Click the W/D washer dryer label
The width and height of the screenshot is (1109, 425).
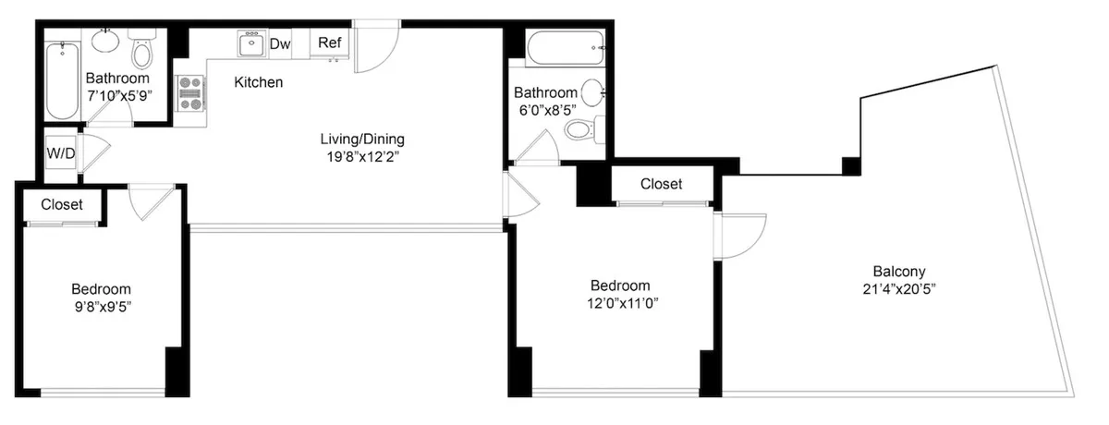(x=61, y=152)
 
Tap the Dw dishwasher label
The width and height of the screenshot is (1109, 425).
(x=280, y=43)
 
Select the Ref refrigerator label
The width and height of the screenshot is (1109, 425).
(x=328, y=42)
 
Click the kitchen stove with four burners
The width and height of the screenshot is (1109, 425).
(x=191, y=92)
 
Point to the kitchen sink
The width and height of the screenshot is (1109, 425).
(x=250, y=43)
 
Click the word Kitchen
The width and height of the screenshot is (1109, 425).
(x=258, y=82)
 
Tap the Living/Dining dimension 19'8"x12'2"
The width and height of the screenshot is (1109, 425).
(x=362, y=157)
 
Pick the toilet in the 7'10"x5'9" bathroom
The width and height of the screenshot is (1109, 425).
(x=141, y=52)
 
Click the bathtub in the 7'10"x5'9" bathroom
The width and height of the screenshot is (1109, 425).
(x=63, y=81)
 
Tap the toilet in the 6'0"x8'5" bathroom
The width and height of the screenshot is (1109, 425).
(x=579, y=130)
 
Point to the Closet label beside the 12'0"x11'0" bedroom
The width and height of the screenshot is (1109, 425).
(x=661, y=184)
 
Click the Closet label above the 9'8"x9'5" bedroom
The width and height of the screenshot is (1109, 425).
(x=62, y=204)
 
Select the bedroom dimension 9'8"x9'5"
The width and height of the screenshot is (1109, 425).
(x=103, y=305)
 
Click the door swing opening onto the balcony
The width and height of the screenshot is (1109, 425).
(x=741, y=236)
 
